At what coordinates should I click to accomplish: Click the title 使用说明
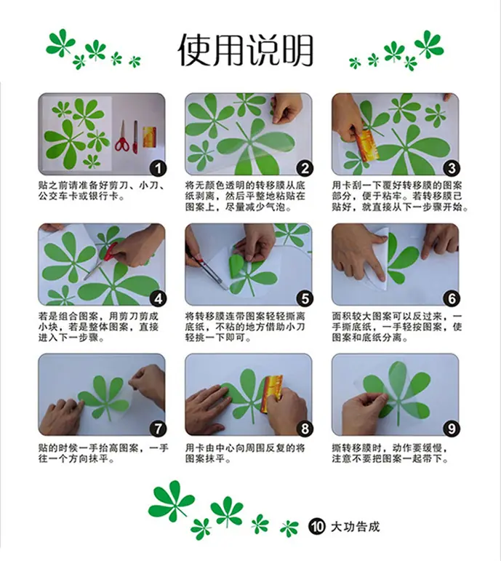[x=245, y=50]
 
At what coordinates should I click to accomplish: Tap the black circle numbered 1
[x=158, y=168]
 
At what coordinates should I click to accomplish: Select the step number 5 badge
[x=305, y=299]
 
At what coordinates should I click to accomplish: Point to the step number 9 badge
[x=452, y=429]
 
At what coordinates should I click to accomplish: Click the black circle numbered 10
[x=316, y=527]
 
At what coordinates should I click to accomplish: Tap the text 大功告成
[x=355, y=527]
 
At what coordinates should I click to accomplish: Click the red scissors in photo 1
[x=122, y=137]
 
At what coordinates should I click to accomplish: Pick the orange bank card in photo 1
[x=149, y=137]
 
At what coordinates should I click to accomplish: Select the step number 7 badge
[x=158, y=429]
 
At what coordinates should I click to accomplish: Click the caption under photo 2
[x=245, y=196]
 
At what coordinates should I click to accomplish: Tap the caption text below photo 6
[x=396, y=327]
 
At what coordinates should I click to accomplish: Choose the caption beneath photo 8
[x=245, y=453]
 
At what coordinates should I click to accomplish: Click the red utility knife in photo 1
[x=135, y=138]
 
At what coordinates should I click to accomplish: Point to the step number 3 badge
[x=452, y=168]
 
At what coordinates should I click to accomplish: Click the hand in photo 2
[x=286, y=108]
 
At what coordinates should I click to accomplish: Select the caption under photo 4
[x=98, y=327]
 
